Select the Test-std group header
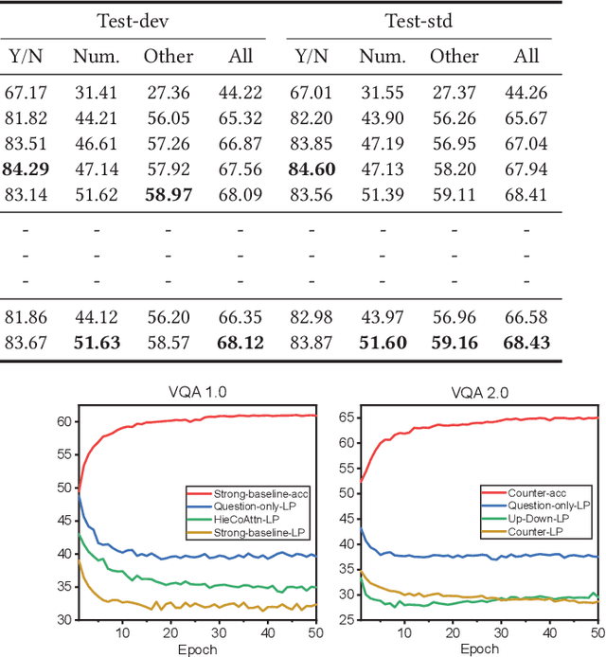(419, 20)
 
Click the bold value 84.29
(26, 169)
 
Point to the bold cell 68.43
(526, 342)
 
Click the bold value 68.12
(241, 342)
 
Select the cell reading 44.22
(241, 91)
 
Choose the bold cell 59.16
(454, 342)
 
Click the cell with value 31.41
(97, 91)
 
